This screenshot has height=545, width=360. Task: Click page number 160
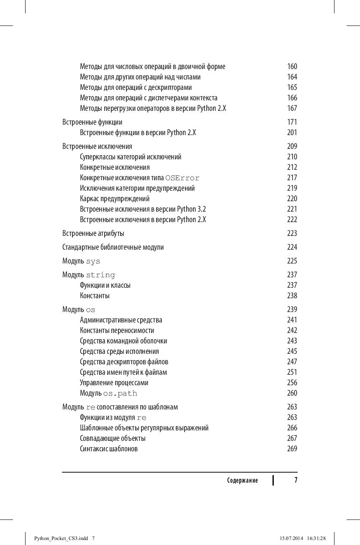coord(292,67)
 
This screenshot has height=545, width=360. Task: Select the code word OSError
coord(183,178)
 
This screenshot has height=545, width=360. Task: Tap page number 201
coord(292,133)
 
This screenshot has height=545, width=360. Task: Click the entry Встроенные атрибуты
coord(93,233)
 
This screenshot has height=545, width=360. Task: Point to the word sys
coord(93,261)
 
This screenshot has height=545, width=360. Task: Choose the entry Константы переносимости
coord(117,330)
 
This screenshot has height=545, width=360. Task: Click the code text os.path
coord(120,394)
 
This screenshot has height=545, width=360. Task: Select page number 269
coord(292,449)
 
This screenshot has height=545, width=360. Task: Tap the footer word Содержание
coord(242,481)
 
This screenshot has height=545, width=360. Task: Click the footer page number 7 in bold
coord(296,480)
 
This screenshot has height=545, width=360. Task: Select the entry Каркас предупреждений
coord(115,199)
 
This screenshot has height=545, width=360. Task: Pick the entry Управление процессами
coord(114,383)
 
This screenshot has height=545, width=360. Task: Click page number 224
coord(292,247)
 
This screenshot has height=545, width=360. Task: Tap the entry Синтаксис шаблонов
coord(109,449)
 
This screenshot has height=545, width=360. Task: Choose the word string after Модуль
coord(100,275)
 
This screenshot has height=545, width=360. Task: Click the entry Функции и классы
coord(105,285)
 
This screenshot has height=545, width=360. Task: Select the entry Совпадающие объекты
coord(113,438)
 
